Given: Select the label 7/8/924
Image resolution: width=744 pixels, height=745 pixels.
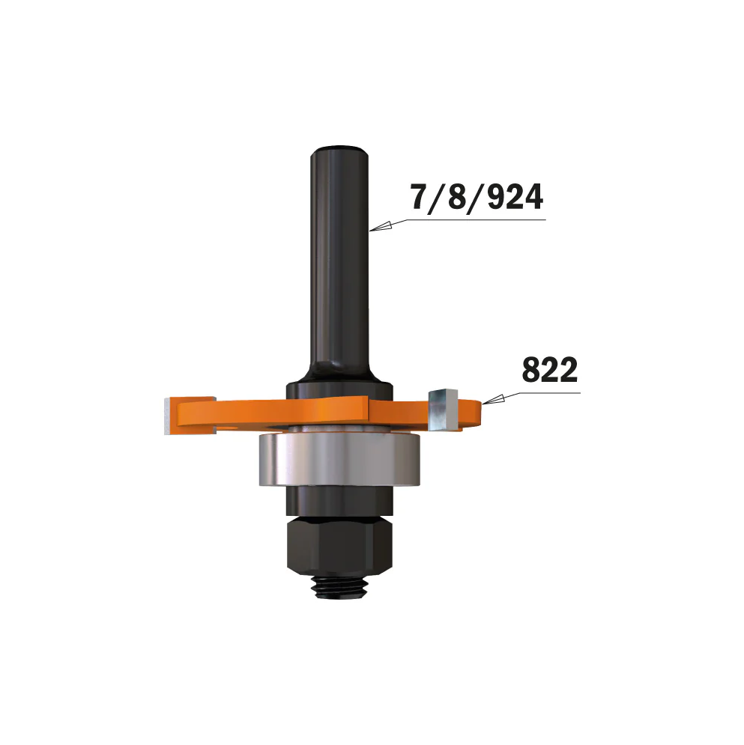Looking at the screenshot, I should click(x=477, y=198).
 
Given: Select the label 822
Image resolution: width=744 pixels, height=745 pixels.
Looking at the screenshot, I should click(x=551, y=371).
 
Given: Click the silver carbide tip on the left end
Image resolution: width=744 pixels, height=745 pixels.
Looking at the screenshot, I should click(x=169, y=417).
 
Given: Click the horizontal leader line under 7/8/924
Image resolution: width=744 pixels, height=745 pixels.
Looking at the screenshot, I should click(x=480, y=220).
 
